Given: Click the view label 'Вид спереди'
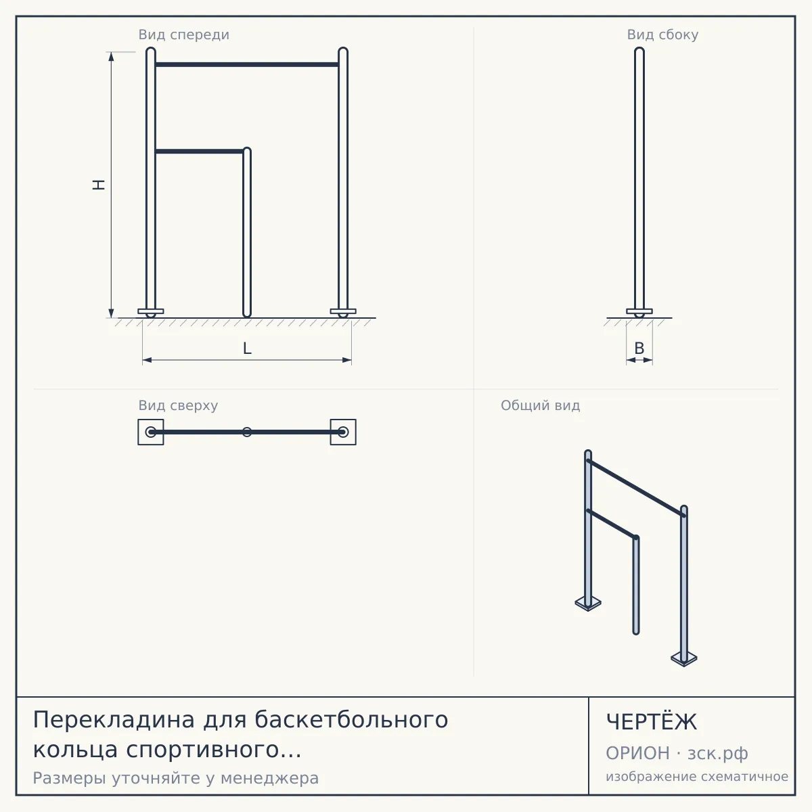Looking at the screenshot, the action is [x=184, y=35].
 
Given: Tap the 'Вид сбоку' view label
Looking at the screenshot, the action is [x=662, y=35].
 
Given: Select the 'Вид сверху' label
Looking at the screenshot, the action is [x=178, y=405].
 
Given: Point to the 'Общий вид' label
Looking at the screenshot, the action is [x=540, y=405].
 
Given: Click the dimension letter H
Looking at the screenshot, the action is [x=99, y=185].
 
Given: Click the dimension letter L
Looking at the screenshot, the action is [x=248, y=348].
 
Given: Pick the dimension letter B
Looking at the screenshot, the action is [x=639, y=348].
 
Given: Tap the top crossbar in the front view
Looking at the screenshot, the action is [x=247, y=64].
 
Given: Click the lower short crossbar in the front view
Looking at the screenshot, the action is [x=200, y=152].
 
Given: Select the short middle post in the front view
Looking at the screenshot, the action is [x=247, y=232].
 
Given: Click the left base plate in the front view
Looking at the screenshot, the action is [x=151, y=311].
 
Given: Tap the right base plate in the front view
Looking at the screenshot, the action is [x=343, y=311].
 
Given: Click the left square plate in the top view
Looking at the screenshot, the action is [x=140, y=432].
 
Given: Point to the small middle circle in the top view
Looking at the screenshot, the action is [x=247, y=432].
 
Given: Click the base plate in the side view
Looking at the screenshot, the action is [x=639, y=311].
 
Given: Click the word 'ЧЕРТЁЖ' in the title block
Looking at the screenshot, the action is [x=652, y=722].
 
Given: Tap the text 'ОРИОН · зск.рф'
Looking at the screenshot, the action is [x=677, y=753].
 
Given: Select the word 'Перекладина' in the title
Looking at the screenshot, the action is [x=114, y=720].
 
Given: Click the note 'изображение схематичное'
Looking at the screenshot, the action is [x=697, y=777].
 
